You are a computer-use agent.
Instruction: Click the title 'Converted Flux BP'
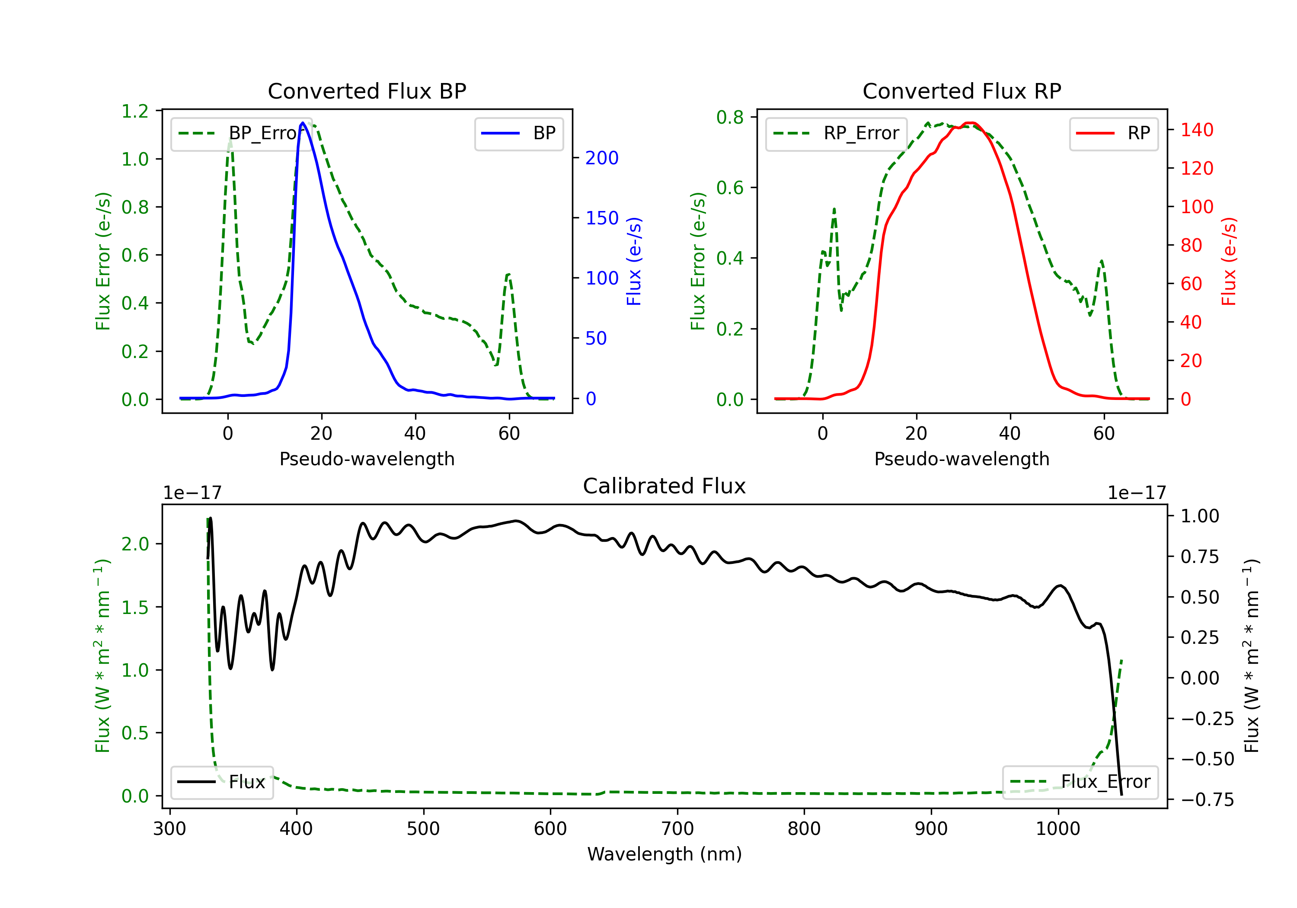(367, 91)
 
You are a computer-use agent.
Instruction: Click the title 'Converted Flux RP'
(962, 91)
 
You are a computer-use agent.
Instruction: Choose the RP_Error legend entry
(836, 133)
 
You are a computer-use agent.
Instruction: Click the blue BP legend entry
(518, 133)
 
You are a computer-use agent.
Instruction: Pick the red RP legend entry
(1113, 133)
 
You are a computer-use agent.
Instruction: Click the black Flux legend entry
(221, 782)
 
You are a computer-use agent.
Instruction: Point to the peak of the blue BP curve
(303, 123)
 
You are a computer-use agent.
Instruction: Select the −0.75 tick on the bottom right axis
(1207, 799)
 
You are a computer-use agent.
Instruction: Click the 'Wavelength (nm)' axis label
(664, 854)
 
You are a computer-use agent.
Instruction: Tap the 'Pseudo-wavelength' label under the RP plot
(962, 459)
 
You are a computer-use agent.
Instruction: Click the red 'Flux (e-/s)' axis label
(1229, 261)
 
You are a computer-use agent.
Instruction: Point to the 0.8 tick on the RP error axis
(730, 117)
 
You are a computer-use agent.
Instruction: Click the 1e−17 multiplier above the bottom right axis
(1137, 493)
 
